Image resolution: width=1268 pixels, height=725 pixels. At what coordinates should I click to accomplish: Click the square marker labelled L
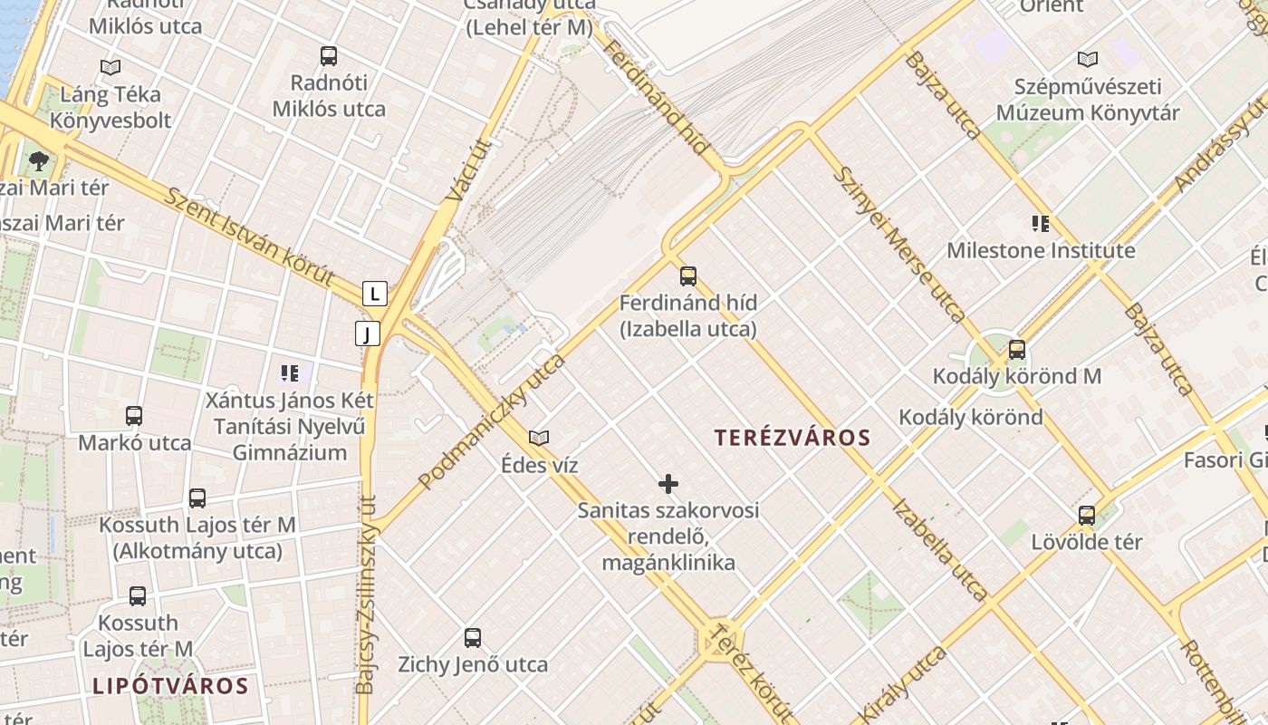click(374, 294)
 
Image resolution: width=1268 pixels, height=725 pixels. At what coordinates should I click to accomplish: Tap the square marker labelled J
click(367, 333)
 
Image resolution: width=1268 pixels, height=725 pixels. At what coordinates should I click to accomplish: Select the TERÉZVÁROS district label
click(792, 438)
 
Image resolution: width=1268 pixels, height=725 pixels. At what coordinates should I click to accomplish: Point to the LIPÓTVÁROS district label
click(170, 686)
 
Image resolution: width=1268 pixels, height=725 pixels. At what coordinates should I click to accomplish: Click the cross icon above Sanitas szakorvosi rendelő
click(668, 484)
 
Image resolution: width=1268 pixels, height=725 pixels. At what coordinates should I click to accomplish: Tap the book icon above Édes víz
click(539, 439)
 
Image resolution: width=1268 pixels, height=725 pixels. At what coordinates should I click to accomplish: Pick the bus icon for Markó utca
click(134, 416)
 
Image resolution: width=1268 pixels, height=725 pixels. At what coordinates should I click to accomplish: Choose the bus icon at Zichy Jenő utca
click(473, 638)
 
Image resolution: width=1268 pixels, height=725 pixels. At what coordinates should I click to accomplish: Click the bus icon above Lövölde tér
click(1087, 516)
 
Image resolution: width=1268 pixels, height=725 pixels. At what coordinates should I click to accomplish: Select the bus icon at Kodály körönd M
click(1017, 350)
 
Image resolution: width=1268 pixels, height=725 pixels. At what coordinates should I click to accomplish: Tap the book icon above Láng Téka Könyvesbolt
click(110, 67)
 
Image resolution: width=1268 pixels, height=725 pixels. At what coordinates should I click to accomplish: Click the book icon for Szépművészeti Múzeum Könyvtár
click(1088, 60)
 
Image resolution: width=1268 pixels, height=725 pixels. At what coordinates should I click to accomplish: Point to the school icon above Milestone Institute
click(1041, 223)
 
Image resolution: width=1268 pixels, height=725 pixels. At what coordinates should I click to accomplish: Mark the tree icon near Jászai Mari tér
click(38, 161)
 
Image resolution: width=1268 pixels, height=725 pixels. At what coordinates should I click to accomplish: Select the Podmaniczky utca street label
click(493, 421)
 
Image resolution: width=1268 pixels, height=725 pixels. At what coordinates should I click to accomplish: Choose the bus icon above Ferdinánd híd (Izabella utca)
click(688, 276)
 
